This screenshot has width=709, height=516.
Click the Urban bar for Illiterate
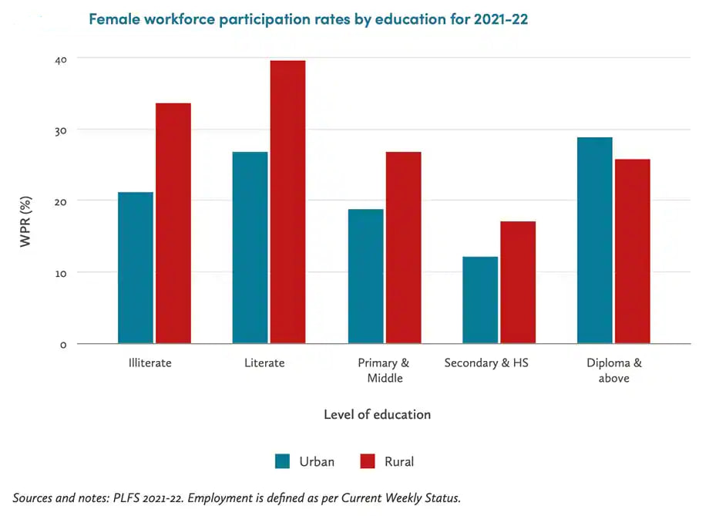point(136,268)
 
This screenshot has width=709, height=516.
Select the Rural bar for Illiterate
point(173,224)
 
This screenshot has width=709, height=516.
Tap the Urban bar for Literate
point(250,248)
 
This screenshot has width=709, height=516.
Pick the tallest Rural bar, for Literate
point(287,202)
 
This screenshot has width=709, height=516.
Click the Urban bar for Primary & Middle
point(366,276)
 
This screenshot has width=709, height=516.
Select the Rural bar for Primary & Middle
point(403,248)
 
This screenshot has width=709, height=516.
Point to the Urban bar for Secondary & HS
point(480,300)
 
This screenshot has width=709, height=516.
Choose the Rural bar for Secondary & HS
point(518,282)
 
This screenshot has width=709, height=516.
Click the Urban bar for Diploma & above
point(595,241)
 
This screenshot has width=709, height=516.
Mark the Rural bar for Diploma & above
point(633,251)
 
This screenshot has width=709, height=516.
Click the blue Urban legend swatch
point(283,461)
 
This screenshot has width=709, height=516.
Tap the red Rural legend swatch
point(368,461)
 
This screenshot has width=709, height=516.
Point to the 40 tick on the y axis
point(62,59)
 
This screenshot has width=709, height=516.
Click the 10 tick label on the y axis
point(62,273)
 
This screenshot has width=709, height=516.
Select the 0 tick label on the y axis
point(62,345)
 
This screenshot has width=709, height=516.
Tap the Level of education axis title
point(377,414)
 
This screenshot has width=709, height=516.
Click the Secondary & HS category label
point(486,363)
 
